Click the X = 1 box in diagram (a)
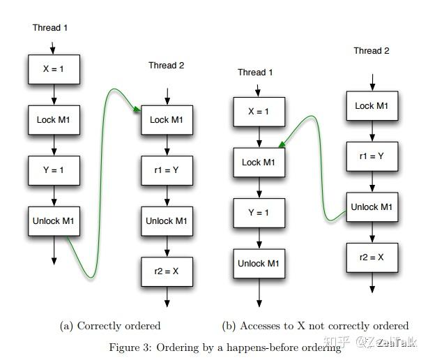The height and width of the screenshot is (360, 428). pyautogui.click(x=54, y=70)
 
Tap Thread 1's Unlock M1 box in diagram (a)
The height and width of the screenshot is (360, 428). pyautogui.click(x=54, y=222)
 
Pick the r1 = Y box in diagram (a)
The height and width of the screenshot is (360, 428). pyautogui.click(x=167, y=170)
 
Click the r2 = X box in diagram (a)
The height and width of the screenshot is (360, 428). pyautogui.click(x=167, y=272)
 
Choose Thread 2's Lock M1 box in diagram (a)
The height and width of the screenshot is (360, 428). pyautogui.click(x=167, y=120)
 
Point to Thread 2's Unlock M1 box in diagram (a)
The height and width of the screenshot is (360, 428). pyautogui.click(x=167, y=221)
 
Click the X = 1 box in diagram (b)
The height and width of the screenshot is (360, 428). pyautogui.click(x=259, y=112)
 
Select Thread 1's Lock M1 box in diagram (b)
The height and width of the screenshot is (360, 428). pyautogui.click(x=259, y=163)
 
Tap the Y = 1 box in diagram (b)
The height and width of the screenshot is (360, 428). pyautogui.click(x=259, y=213)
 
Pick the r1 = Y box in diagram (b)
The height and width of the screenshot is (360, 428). pyautogui.click(x=373, y=156)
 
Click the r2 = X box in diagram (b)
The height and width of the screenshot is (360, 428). pyautogui.click(x=373, y=258)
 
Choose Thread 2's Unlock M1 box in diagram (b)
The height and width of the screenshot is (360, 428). pyautogui.click(x=373, y=207)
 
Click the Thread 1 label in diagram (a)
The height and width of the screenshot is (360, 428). pyautogui.click(x=51, y=28)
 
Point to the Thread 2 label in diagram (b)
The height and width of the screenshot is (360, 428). pyautogui.click(x=371, y=51)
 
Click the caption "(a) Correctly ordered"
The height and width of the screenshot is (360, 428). pyautogui.click(x=111, y=326)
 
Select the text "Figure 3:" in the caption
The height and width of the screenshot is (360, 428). pyautogui.click(x=131, y=347)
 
